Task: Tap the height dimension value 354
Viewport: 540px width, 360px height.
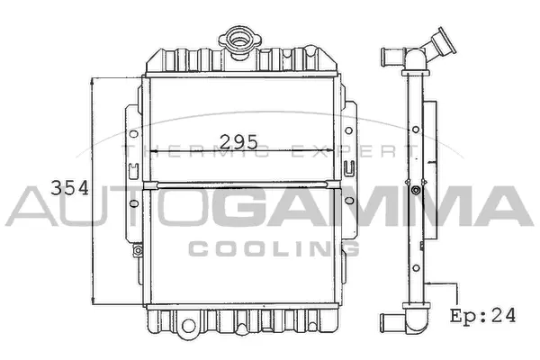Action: pos(69,187)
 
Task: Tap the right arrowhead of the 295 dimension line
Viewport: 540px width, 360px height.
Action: pos(337,152)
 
